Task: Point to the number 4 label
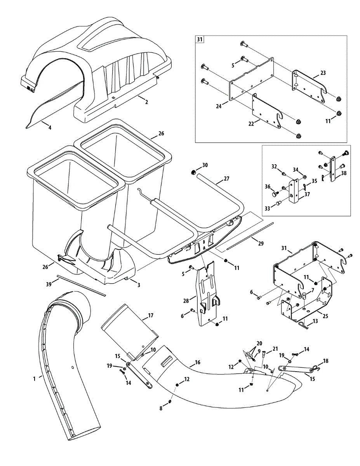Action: (x=49, y=127)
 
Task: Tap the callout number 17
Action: (x=151, y=315)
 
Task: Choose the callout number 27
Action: (x=227, y=179)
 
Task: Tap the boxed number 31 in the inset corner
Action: (x=200, y=40)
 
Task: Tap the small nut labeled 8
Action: (x=171, y=400)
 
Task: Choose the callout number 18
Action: (x=325, y=361)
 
